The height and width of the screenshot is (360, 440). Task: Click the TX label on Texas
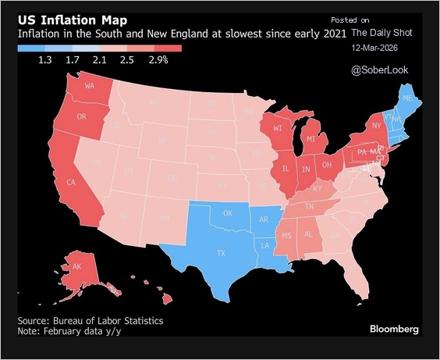(221, 253)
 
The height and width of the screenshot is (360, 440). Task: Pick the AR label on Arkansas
(264, 219)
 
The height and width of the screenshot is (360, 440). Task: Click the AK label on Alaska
(77, 266)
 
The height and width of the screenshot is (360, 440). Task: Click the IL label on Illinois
(285, 168)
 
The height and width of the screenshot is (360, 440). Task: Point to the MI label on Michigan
(310, 138)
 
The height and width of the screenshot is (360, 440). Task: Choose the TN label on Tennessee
(309, 207)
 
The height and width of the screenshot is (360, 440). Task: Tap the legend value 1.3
(45, 60)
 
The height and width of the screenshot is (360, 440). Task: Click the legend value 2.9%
(158, 60)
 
